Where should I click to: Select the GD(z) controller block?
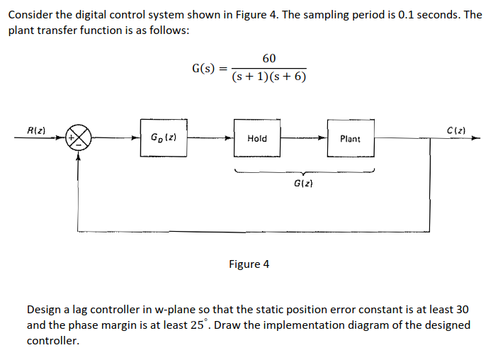point(163,138)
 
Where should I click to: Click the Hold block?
point(257,138)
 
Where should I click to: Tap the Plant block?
point(350,138)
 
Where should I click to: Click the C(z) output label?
point(457,129)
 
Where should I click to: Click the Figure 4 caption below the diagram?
point(249,264)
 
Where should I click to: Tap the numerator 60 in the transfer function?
point(269,58)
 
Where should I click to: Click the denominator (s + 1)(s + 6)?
point(269,77)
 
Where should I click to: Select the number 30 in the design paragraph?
point(461,310)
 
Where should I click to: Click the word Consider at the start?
point(30,15)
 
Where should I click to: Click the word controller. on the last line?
point(53,341)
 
